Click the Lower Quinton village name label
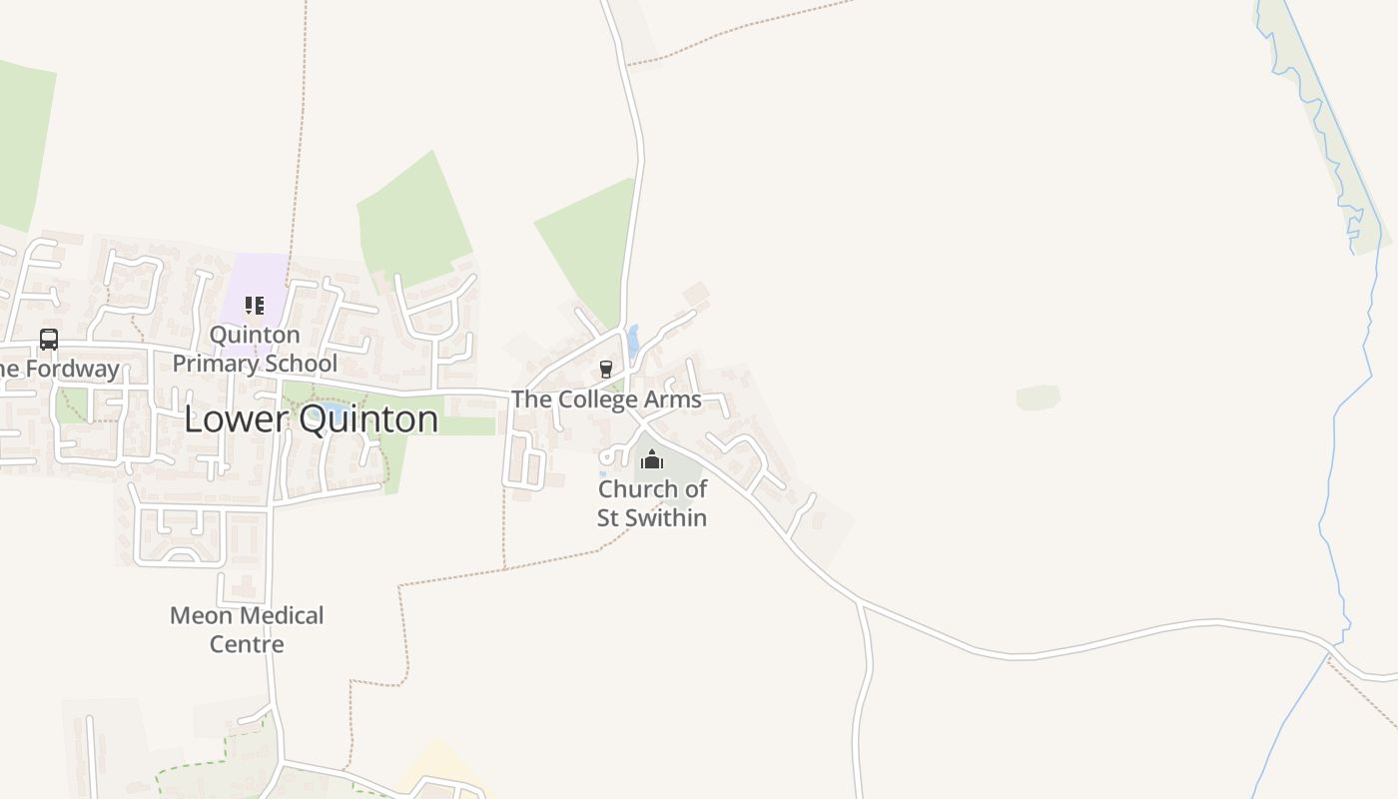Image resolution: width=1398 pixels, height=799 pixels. [x=311, y=419]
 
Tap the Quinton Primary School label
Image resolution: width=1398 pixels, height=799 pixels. [x=255, y=349]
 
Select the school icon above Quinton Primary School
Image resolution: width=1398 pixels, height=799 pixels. [x=255, y=305]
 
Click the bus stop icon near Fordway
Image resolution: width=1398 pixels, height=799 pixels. [x=49, y=339]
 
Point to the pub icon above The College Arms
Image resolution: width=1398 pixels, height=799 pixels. [x=605, y=370]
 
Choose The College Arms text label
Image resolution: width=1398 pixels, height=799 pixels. [x=605, y=399]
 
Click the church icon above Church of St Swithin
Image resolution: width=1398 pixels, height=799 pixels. [x=652, y=459]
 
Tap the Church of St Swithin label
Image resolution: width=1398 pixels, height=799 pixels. [x=652, y=503]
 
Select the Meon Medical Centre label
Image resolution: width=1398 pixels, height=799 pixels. [x=247, y=629]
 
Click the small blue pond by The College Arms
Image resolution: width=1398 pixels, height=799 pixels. [x=632, y=341]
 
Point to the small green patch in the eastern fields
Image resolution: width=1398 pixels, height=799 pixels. [x=1038, y=398]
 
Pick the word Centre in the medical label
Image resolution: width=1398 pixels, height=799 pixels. [x=247, y=644]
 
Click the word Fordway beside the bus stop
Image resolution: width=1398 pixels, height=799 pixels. [x=72, y=369]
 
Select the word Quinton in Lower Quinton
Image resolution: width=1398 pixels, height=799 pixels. [x=369, y=419]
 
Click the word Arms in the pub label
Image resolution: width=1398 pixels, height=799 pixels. [x=674, y=399]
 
